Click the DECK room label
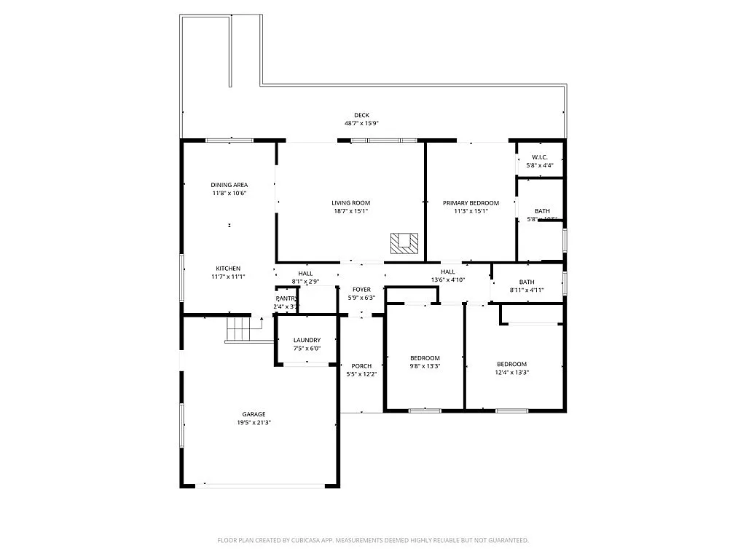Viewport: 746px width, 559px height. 361,115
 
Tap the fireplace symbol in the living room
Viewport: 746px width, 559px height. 404,243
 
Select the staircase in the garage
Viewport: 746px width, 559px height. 238,330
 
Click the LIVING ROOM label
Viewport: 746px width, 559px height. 350,203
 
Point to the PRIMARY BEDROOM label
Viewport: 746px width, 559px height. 471,203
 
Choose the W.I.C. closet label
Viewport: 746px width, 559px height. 539,157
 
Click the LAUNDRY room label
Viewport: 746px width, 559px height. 307,340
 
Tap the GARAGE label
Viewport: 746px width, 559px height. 254,413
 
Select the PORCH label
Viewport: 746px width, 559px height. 361,366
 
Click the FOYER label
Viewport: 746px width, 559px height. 361,290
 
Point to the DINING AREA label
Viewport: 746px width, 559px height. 229,185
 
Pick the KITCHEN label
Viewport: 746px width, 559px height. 227,269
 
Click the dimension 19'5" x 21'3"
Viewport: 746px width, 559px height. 254,422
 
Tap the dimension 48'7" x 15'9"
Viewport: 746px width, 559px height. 361,124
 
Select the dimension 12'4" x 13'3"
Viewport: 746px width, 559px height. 511,372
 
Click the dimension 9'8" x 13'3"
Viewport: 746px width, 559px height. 425,366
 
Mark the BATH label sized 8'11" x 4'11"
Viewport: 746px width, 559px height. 527,282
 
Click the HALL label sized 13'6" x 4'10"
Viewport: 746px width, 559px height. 447,271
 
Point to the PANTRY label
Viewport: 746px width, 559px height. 286,298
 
